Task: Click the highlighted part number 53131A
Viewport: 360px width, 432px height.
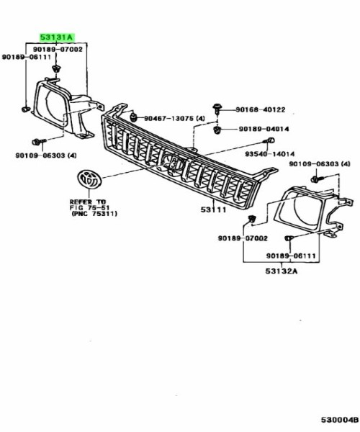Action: click(57, 37)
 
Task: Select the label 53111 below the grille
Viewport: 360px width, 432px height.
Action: click(213, 210)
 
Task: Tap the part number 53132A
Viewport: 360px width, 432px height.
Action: click(282, 271)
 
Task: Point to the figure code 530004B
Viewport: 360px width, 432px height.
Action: click(340, 420)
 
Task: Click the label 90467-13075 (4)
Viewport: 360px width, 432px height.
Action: click(175, 119)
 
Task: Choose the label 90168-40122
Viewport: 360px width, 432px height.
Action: click(261, 109)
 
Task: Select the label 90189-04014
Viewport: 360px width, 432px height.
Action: click(264, 129)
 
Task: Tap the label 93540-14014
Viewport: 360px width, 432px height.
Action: click(270, 154)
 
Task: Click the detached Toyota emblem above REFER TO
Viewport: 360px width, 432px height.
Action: click(89, 179)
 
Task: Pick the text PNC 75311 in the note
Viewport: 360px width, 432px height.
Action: click(94, 214)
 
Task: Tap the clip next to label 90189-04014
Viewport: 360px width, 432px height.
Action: click(217, 129)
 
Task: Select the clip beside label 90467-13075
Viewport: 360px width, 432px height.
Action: click(134, 117)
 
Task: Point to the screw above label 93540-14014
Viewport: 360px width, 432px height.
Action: click(269, 141)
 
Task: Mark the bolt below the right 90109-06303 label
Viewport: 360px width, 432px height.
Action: click(317, 179)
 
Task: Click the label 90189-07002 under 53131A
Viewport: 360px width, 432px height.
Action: click(58, 49)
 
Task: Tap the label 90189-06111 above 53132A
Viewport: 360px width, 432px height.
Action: click(291, 256)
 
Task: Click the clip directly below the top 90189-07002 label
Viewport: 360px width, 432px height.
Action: click(56, 69)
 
